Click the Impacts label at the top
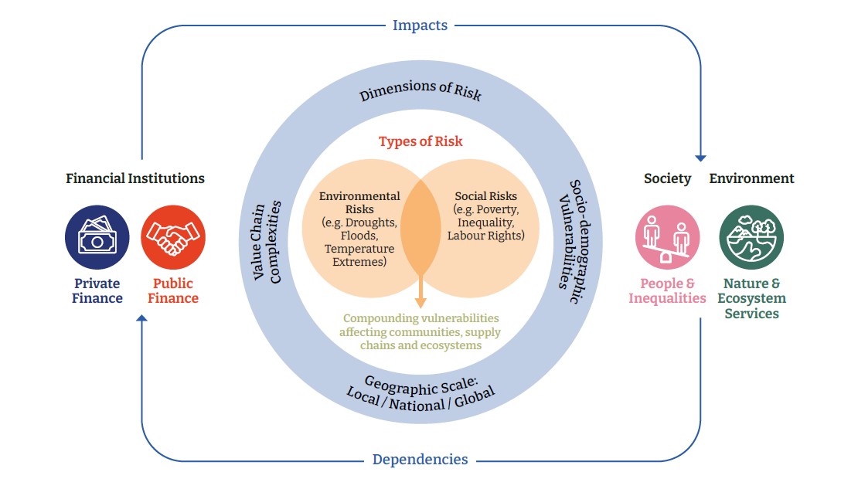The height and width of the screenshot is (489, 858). (420, 25)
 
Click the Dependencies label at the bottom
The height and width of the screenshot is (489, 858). (420, 460)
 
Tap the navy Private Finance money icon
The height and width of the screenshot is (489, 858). (97, 237)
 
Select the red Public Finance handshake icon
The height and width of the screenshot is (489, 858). (173, 237)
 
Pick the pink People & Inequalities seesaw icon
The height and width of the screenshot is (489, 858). (667, 237)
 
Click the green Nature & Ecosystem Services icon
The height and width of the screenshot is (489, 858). (751, 237)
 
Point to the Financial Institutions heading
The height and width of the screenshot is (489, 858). (135, 178)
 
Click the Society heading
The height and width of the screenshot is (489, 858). (667, 178)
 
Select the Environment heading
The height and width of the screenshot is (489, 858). (751, 178)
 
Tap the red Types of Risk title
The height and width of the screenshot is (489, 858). (420, 142)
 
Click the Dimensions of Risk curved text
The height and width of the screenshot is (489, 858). (420, 90)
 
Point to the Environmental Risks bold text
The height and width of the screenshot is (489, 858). (359, 202)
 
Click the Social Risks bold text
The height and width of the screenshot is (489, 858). (485, 196)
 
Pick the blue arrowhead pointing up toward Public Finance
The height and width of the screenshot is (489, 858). (141, 318)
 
